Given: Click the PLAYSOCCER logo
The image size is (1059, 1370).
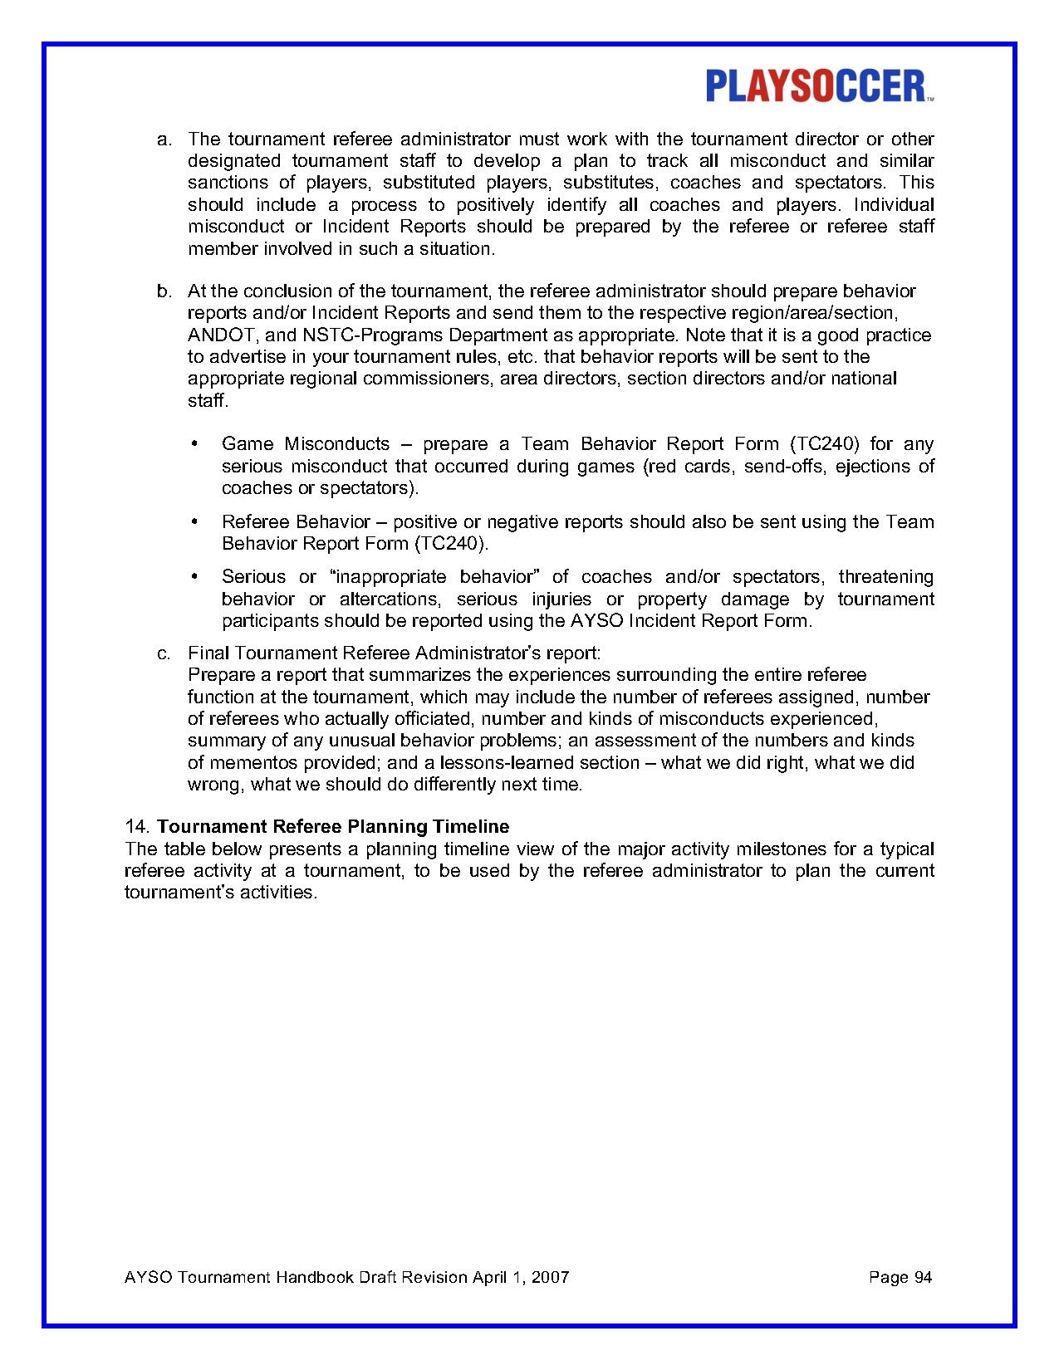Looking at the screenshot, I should pos(819,86).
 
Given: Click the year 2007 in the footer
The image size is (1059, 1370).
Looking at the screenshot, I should pos(550,1277).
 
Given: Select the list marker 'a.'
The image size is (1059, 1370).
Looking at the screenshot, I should pos(164,139).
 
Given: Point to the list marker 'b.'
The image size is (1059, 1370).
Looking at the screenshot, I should pos(164,291).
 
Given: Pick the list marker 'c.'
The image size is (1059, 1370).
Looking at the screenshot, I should pos(164,653).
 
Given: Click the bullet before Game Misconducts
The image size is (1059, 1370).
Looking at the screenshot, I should pos(194,444).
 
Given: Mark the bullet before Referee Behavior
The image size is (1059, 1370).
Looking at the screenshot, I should pos(194,522).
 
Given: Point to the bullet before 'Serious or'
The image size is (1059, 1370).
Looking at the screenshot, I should pos(194,577).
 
